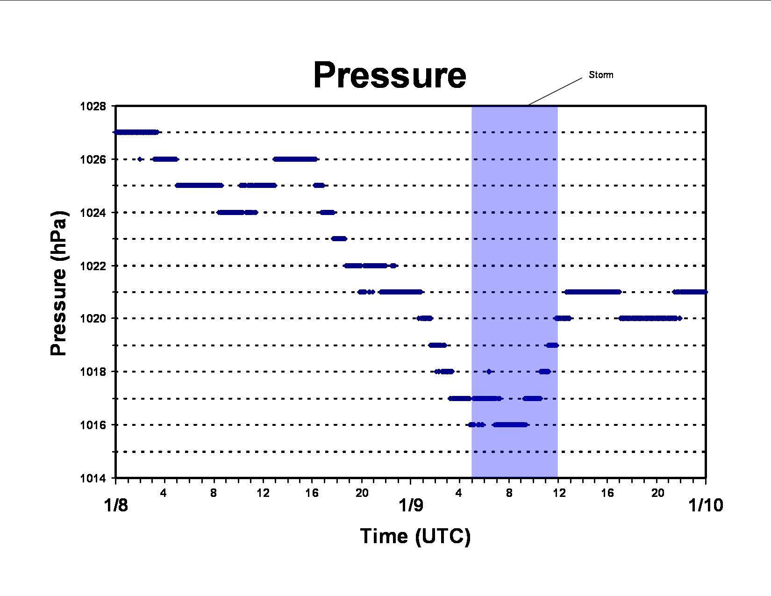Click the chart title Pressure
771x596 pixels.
tap(390, 75)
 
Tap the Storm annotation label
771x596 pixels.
tap(601, 75)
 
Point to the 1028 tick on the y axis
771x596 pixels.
tap(93, 106)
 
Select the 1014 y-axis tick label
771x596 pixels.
tap(93, 479)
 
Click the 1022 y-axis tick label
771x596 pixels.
tap(93, 266)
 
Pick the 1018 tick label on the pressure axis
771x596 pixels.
tap(93, 372)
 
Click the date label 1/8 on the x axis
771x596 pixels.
tap(116, 505)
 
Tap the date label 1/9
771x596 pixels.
tap(411, 505)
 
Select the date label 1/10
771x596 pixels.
tap(706, 505)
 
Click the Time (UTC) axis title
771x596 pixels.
tap(415, 536)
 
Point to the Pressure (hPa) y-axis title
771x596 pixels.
tap(58, 283)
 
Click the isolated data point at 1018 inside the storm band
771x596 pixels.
tap(489, 372)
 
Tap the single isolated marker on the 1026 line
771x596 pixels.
tap(140, 159)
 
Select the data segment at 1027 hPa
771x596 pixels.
tap(136, 132)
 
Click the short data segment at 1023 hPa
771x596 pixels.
tap(339, 238)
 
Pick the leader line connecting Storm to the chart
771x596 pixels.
tap(555, 91)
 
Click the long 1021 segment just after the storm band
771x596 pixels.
tap(593, 292)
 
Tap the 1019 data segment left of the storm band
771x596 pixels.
tap(437, 345)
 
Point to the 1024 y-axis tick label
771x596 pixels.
tap(93, 213)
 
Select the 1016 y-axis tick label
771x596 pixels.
tap(93, 425)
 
